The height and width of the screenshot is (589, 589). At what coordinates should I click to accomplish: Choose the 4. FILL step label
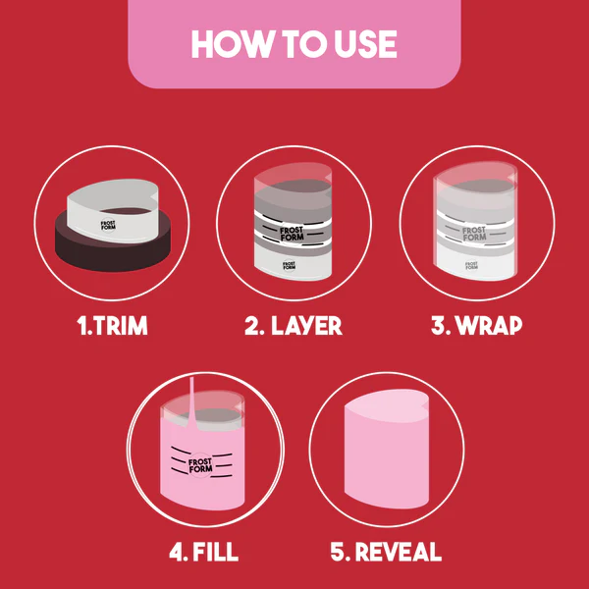(x=203, y=552)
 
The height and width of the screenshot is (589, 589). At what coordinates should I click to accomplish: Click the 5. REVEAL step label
(x=386, y=552)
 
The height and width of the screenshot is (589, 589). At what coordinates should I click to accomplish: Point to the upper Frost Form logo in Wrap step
(x=475, y=234)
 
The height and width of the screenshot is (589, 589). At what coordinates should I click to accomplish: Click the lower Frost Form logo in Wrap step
(x=473, y=264)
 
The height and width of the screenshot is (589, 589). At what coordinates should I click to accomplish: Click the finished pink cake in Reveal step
(x=386, y=461)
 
